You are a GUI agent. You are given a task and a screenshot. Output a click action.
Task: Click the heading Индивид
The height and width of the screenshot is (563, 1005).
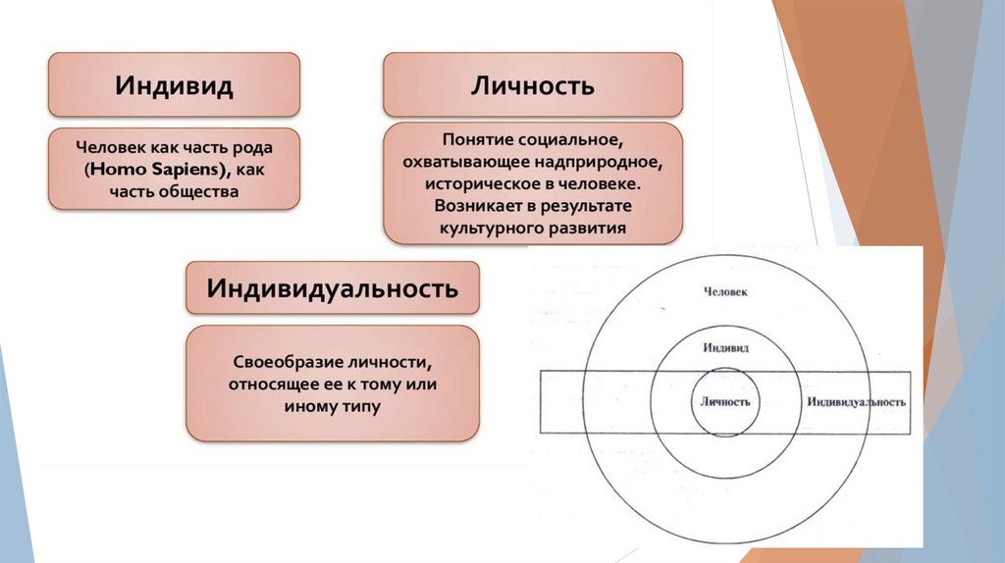point(174,84)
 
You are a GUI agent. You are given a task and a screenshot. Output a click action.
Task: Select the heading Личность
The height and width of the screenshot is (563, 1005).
point(533,84)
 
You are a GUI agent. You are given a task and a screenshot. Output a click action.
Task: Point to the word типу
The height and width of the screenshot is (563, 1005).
point(357,403)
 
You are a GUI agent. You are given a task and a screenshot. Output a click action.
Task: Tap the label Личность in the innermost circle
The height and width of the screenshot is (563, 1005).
point(725,402)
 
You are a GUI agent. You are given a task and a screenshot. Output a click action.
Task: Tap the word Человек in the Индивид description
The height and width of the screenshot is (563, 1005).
point(109,148)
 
